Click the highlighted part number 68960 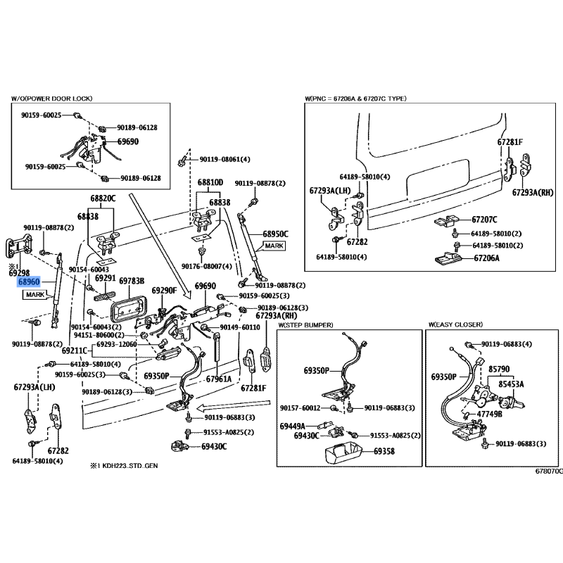pyautogui.click(x=29, y=282)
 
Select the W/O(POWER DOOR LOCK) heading pyautogui.click(x=51, y=99)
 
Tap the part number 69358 pyautogui.click(x=384, y=451)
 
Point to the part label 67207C pyautogui.click(x=484, y=220)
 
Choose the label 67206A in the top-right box pyautogui.click(x=486, y=258)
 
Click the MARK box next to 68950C pyautogui.click(x=274, y=246)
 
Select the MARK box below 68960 pyautogui.click(x=35, y=295)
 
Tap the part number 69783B pyautogui.click(x=132, y=281)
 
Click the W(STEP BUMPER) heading pyautogui.click(x=305, y=325)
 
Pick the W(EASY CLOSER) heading pyautogui.click(x=455, y=324)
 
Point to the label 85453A pyautogui.click(x=511, y=384)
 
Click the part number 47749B pyautogui.click(x=489, y=414)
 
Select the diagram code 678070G pyautogui.click(x=549, y=471)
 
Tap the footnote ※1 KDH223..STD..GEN pyautogui.click(x=124, y=466)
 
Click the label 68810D pyautogui.click(x=210, y=182)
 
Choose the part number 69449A pyautogui.click(x=292, y=426)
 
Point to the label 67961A pyautogui.click(x=219, y=379)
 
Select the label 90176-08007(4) pyautogui.click(x=207, y=267)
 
